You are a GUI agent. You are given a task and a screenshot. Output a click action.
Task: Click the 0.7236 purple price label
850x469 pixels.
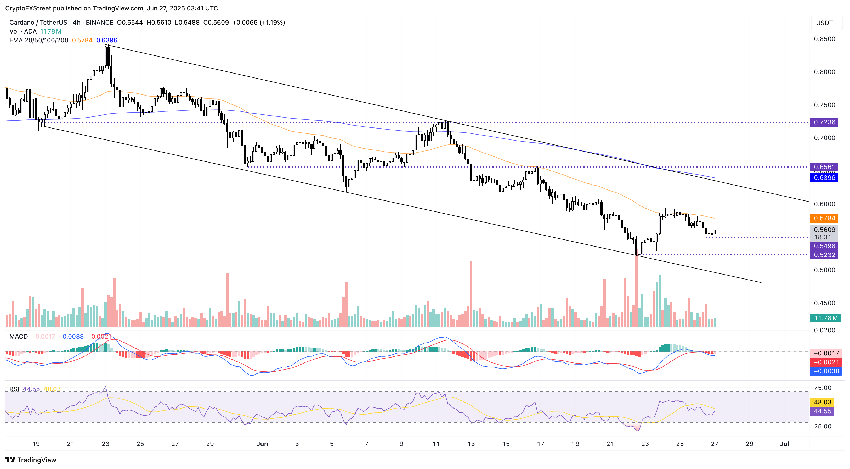pos(824,122)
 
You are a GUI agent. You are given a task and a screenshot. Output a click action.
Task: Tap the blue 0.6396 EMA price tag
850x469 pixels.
pos(824,178)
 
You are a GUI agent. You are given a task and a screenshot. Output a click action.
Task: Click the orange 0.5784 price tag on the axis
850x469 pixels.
pos(824,218)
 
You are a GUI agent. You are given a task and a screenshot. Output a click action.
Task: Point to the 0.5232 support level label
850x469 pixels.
pos(824,255)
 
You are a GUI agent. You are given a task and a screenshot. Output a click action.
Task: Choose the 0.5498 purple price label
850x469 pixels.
pos(824,246)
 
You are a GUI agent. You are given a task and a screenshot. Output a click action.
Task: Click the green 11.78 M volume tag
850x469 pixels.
pos(825,318)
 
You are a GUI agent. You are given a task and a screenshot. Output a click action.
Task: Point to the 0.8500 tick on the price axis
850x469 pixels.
pos(824,39)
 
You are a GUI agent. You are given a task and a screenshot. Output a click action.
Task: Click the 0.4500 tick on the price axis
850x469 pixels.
pos(824,303)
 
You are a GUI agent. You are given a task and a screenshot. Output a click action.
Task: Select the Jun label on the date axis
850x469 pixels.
pos(262,444)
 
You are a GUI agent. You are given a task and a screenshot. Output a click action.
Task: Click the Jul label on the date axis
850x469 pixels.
pos(784,444)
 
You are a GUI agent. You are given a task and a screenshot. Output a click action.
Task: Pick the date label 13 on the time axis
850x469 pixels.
pos(471,444)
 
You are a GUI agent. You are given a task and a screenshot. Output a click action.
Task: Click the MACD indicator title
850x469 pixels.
pos(19,336)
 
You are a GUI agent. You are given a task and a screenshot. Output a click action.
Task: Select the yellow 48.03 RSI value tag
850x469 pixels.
pos(822,402)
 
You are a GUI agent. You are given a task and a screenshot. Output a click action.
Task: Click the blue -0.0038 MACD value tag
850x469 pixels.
pos(826,371)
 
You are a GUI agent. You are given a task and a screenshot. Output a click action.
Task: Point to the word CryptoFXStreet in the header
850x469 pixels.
pos(27,8)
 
